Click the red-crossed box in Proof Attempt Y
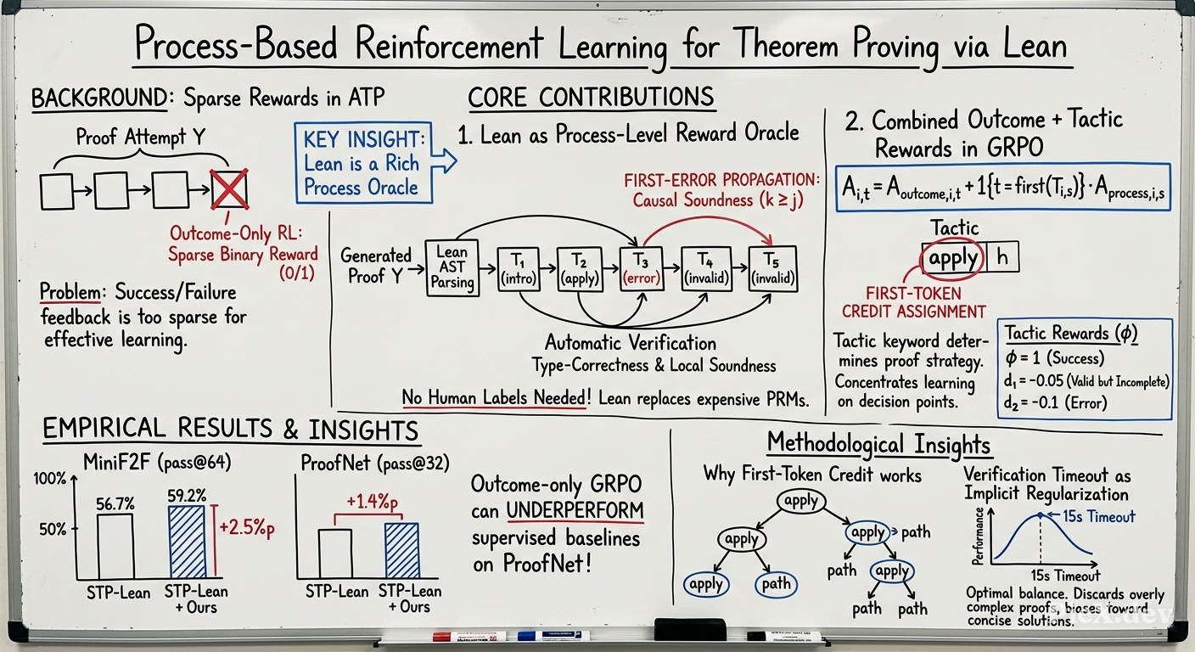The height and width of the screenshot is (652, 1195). point(229,189)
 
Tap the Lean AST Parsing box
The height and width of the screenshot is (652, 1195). point(452,267)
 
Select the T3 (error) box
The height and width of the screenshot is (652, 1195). point(642,269)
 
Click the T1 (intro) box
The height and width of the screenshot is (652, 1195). point(518,269)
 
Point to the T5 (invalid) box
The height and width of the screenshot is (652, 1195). point(772,268)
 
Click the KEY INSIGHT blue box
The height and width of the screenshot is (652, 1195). point(363,163)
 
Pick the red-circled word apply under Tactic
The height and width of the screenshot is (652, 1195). point(953,258)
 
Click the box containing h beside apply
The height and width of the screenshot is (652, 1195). point(1001,257)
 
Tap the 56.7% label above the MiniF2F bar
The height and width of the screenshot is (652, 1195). point(115,503)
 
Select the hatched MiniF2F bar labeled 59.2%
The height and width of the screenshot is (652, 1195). point(187,542)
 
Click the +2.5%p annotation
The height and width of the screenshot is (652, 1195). point(247,527)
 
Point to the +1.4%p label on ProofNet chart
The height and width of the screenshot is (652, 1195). point(372,502)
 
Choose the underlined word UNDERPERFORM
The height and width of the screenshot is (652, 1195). point(575,510)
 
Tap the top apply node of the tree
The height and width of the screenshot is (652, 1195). point(800,501)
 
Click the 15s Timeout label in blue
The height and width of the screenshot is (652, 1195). point(1098,516)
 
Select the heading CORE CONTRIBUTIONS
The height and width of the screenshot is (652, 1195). point(591,98)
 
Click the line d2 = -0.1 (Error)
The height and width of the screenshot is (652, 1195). point(1055,402)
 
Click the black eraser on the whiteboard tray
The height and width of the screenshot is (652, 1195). point(690,629)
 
